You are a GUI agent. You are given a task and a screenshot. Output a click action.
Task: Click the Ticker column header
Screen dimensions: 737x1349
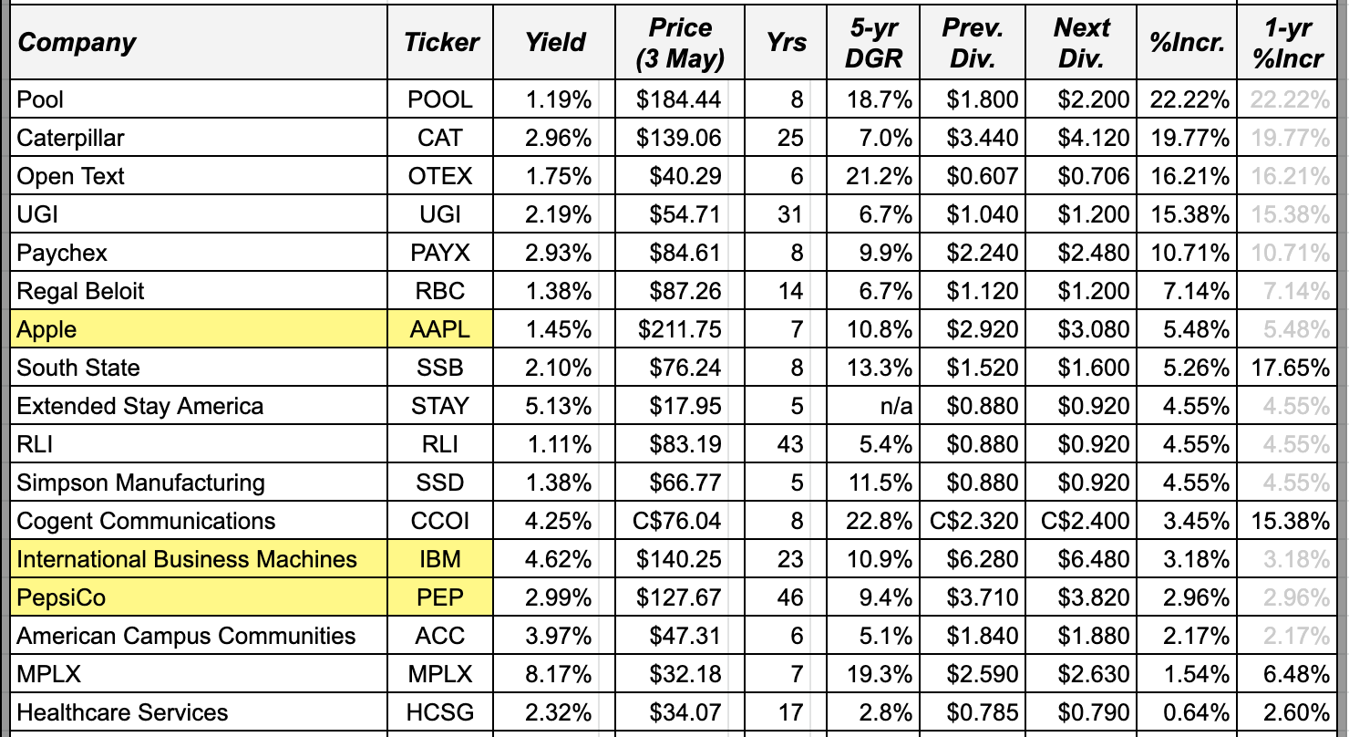[x=441, y=42]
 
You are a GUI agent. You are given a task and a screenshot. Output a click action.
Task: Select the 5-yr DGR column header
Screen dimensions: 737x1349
[x=874, y=43]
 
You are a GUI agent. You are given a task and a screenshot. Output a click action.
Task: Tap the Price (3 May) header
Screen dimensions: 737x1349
[x=680, y=43]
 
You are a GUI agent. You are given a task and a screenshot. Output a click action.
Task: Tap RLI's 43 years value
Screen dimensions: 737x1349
[x=789, y=444]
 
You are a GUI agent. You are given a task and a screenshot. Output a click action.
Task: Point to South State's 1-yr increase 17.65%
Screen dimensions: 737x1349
[x=1290, y=368]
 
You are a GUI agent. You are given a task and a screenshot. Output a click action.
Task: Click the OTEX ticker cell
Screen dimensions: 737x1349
[x=441, y=176]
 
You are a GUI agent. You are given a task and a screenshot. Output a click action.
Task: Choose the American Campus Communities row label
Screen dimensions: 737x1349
[x=186, y=636]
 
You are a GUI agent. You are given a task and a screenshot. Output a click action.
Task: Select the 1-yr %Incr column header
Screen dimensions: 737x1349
[x=1288, y=43]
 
